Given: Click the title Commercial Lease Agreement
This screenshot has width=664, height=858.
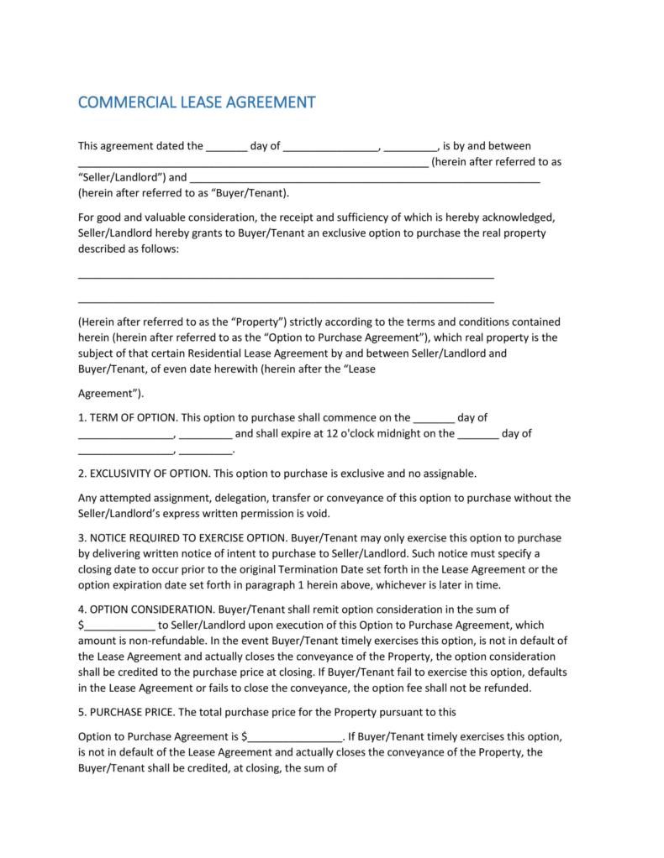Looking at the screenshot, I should (x=196, y=102).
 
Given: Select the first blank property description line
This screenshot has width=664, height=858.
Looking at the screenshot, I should (x=286, y=277).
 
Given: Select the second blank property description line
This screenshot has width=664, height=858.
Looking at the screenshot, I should (x=286, y=300).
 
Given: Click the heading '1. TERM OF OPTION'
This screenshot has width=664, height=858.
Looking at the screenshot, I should (x=127, y=417).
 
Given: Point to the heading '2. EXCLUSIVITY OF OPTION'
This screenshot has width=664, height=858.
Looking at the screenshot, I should (x=145, y=473).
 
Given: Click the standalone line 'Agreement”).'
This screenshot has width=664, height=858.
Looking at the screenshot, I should (x=111, y=394).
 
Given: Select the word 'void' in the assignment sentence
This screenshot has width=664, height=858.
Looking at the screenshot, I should (x=319, y=514).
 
